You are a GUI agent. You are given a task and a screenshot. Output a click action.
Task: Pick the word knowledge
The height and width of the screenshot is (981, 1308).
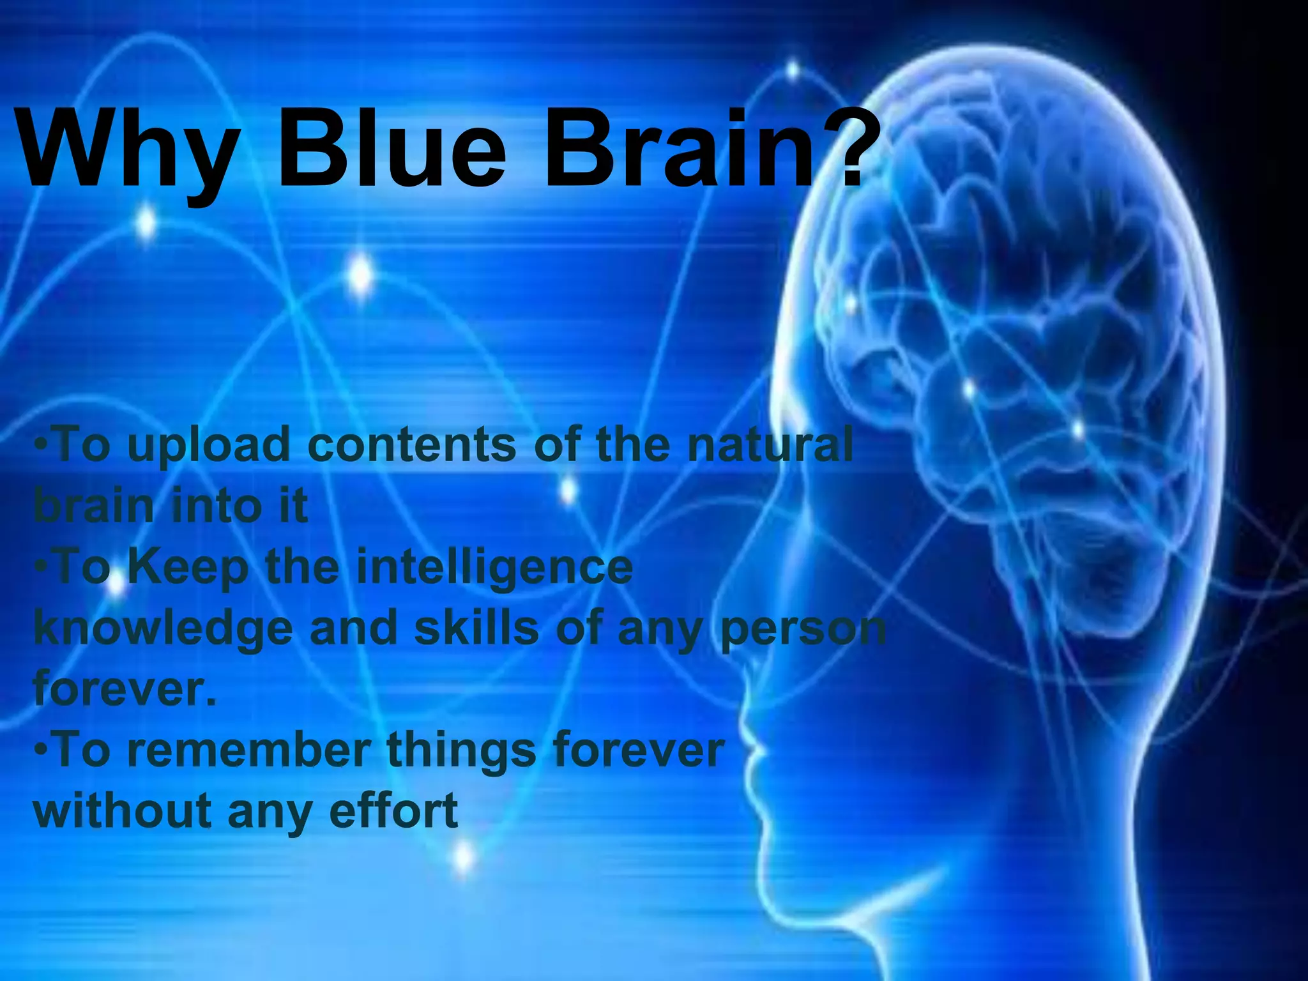pos(163,629)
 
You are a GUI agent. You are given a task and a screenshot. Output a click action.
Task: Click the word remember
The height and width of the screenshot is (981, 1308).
pos(249,750)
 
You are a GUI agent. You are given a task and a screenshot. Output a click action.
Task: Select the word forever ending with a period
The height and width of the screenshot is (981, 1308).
pos(125,688)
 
